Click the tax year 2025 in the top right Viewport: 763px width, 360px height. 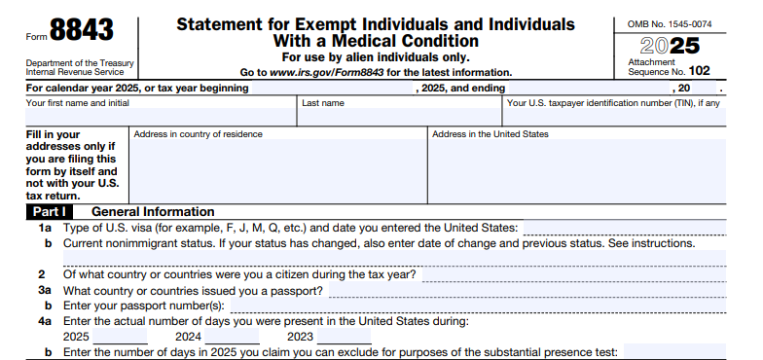click(x=670, y=46)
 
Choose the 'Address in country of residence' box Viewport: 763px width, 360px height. click(x=278, y=170)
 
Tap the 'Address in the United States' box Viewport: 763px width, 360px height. click(x=577, y=170)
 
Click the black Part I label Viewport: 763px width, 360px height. click(x=50, y=211)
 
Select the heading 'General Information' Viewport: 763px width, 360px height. click(x=153, y=211)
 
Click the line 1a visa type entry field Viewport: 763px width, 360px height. click(x=624, y=227)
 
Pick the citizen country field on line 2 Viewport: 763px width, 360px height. click(x=573, y=274)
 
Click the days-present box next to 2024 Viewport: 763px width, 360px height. click(x=233, y=337)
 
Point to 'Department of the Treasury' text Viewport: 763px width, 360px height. click(x=80, y=62)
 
